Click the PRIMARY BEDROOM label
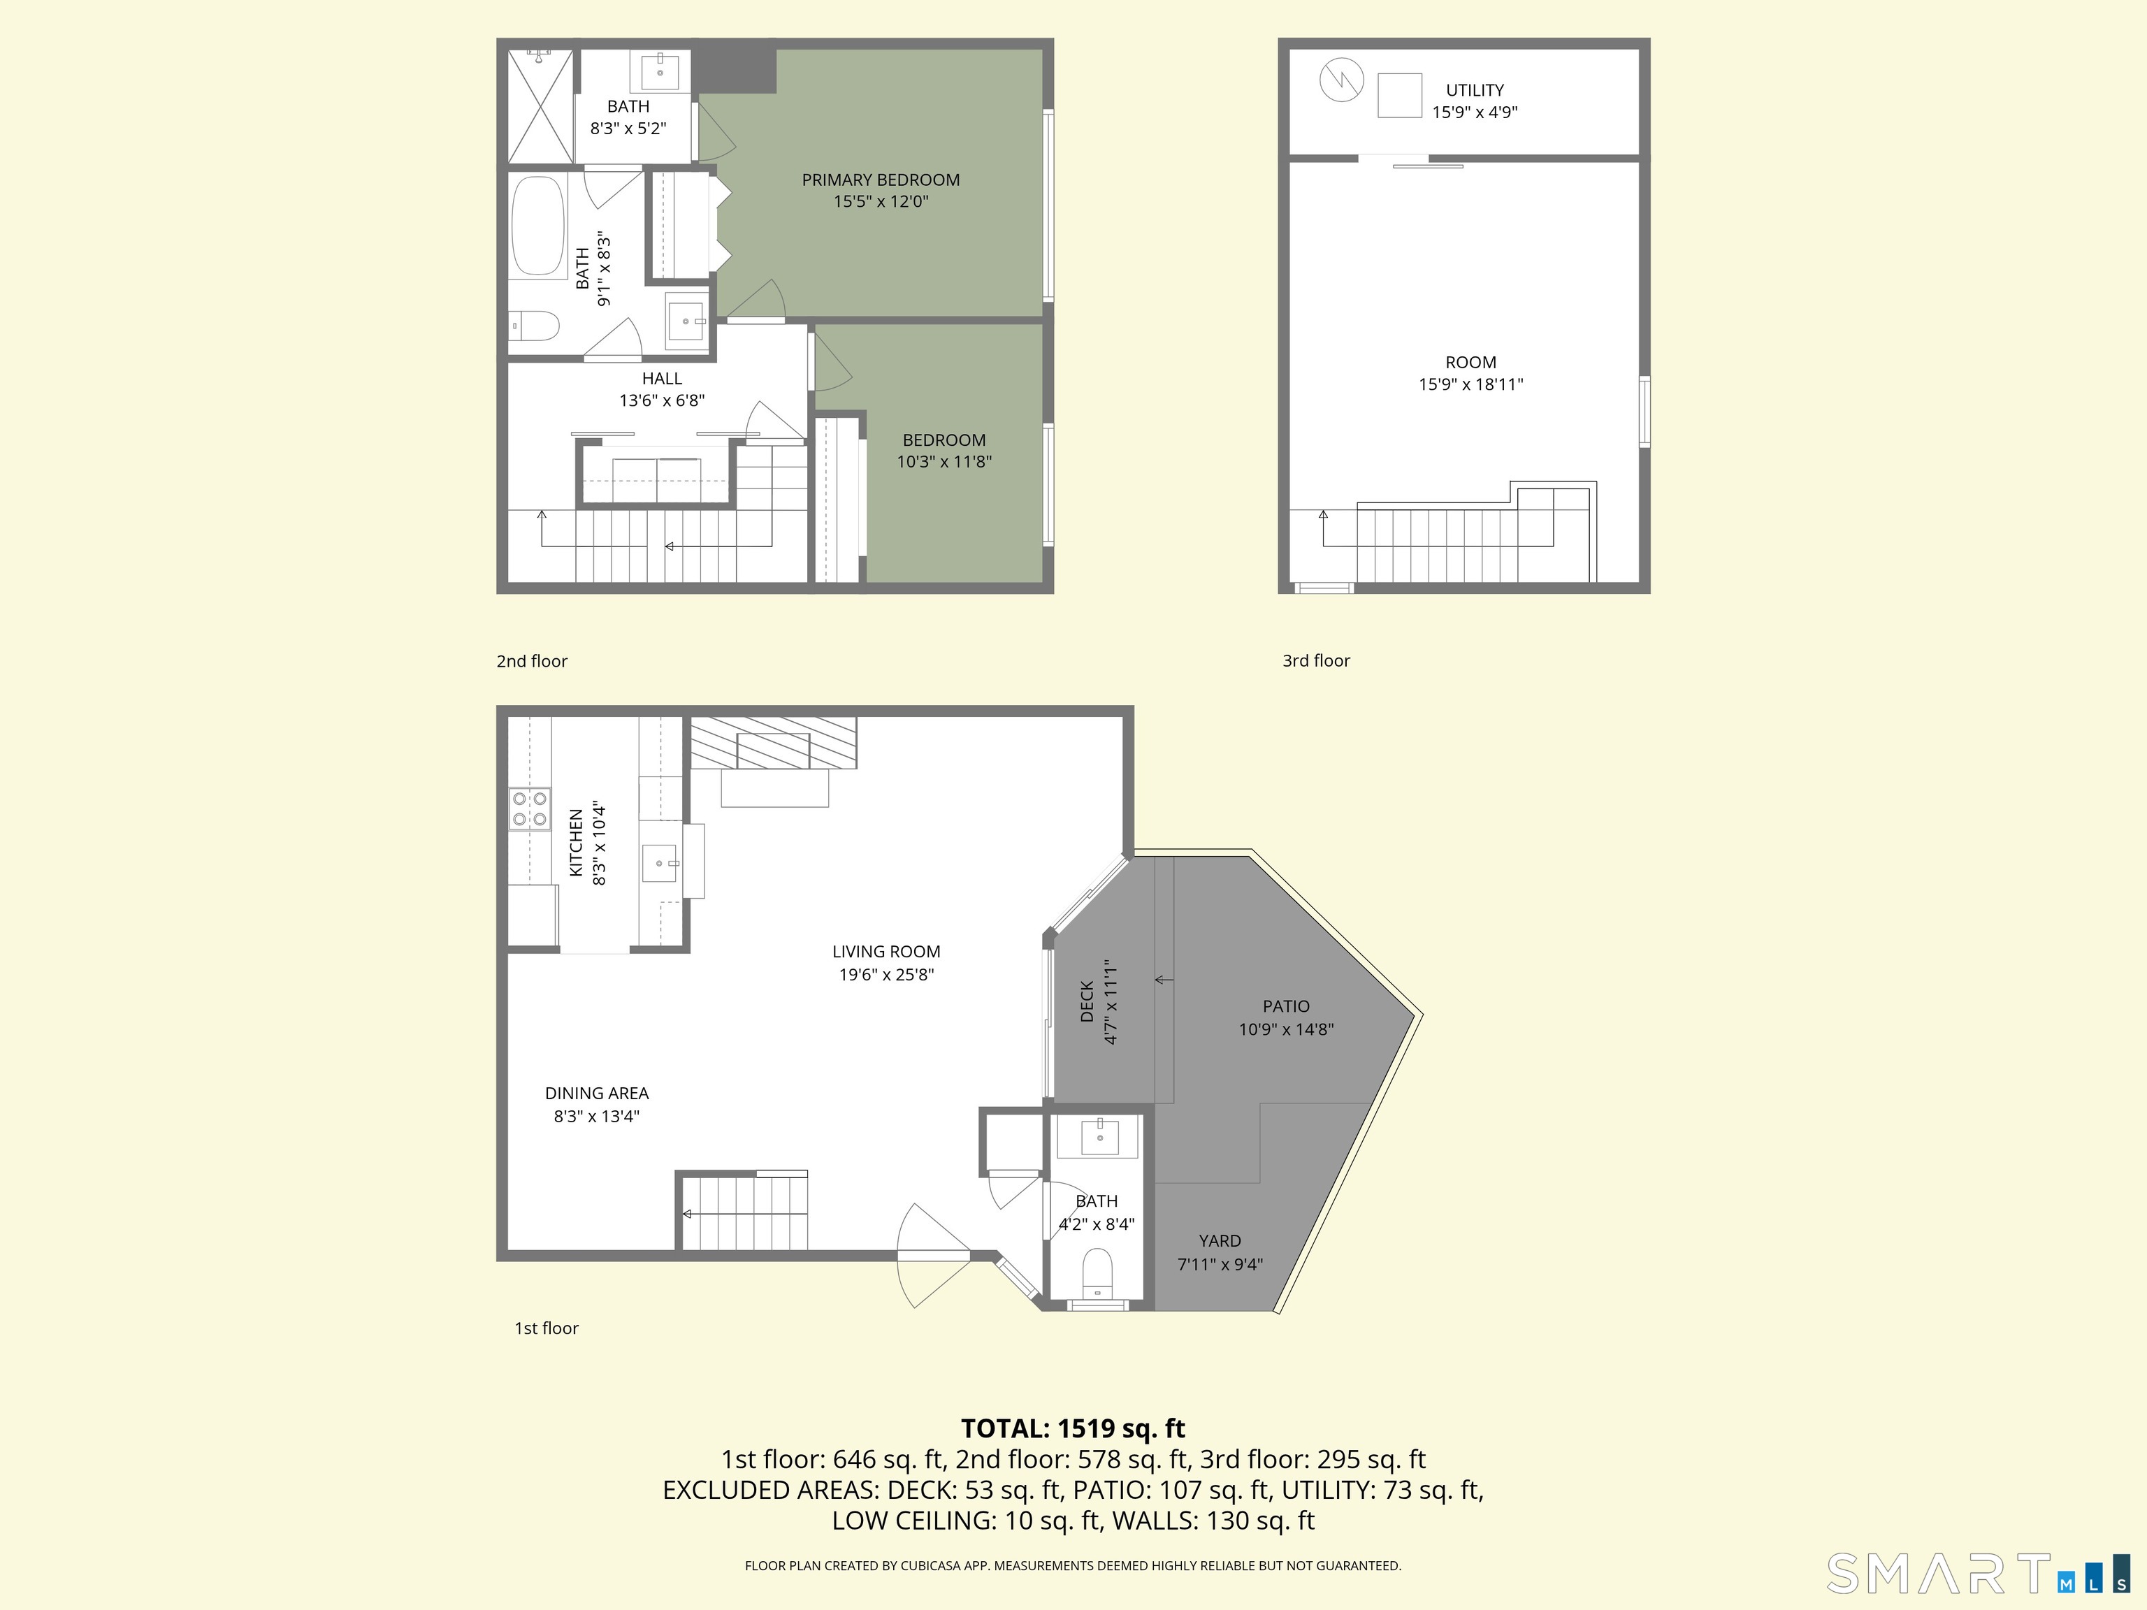point(881,180)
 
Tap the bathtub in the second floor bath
point(537,225)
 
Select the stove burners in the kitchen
point(530,809)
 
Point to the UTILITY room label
point(1475,90)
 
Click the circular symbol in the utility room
point(1341,80)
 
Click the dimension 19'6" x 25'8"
point(886,974)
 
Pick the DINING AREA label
point(596,1093)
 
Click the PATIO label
point(1286,1006)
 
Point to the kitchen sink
point(660,863)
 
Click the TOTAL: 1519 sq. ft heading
point(1073,1428)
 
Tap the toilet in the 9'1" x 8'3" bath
point(533,325)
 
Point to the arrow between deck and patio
point(1164,980)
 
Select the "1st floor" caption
point(547,1328)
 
